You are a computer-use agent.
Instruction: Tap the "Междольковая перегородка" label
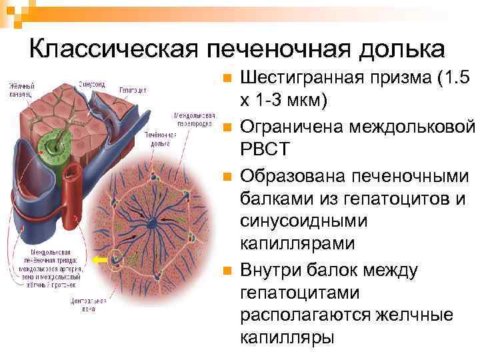point(194,119)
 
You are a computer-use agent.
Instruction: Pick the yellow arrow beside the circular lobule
point(100,262)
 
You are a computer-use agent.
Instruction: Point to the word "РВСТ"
point(265,148)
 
